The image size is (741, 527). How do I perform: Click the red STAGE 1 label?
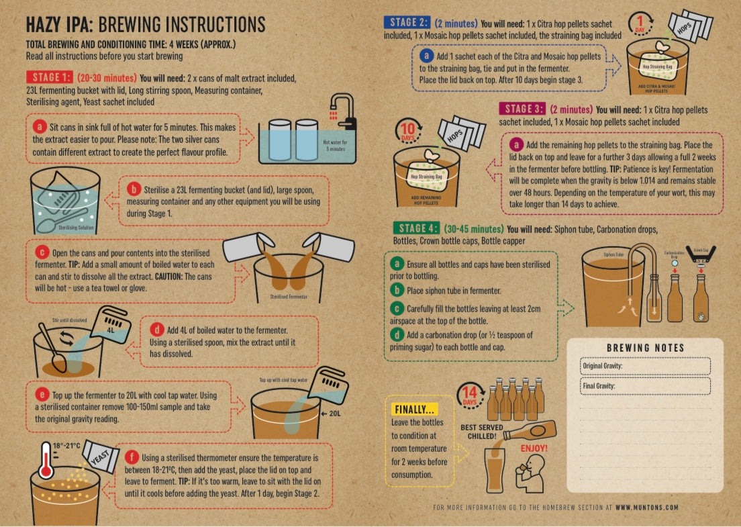click(x=50, y=77)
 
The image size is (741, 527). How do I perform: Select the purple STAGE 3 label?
click(x=522, y=109)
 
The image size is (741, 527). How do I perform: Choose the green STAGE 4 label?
click(x=416, y=228)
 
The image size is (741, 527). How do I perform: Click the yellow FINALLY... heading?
click(x=414, y=410)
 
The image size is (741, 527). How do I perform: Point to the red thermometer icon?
click(x=46, y=461)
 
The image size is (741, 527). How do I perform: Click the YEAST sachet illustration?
click(x=100, y=457)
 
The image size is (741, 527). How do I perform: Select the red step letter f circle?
click(x=132, y=458)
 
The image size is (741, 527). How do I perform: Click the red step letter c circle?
click(x=42, y=252)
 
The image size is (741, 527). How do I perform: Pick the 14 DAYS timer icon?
click(x=470, y=395)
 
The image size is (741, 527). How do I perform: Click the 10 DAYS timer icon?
click(x=408, y=131)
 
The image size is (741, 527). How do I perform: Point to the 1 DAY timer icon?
click(x=641, y=23)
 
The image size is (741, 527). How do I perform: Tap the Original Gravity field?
click(x=645, y=366)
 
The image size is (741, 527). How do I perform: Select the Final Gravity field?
click(x=645, y=385)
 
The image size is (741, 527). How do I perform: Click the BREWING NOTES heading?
click(x=645, y=348)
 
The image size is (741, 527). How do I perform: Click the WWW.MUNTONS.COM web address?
click(x=647, y=507)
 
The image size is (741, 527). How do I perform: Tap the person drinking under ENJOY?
click(x=530, y=474)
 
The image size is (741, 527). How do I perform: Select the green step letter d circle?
click(x=397, y=334)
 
